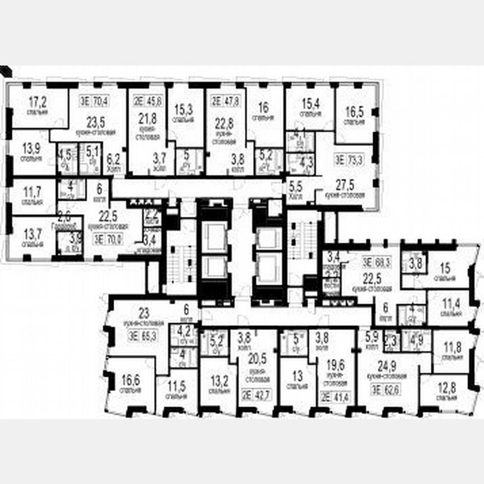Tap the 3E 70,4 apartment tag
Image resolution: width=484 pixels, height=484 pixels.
click(x=94, y=101)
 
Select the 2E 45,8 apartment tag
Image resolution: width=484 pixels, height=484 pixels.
click(x=147, y=101)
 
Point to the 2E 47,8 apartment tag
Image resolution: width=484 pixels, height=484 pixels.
click(x=225, y=101)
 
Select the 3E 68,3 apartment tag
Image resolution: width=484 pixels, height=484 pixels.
click(x=376, y=261)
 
